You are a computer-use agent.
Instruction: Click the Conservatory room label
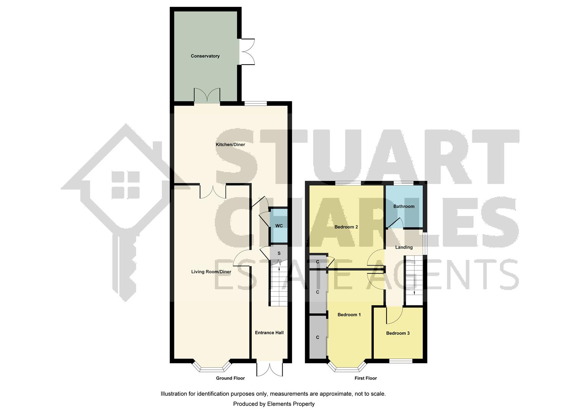coord(205,56)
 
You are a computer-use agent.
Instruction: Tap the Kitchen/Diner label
coord(230,144)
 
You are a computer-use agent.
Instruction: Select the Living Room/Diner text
coord(211,272)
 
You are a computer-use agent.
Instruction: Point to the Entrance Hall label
coord(269,333)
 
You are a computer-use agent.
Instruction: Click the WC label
coord(279,226)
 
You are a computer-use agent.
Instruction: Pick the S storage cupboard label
coord(279,253)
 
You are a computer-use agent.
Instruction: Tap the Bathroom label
coord(404,206)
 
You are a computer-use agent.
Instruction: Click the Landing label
coord(404,247)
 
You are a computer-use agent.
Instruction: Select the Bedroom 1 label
coord(349,315)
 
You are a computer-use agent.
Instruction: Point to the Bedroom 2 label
coord(346,227)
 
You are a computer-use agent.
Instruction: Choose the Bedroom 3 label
coord(398,333)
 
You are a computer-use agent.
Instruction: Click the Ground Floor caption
coord(230,378)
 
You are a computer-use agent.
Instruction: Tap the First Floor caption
coord(366,378)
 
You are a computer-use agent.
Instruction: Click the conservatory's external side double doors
coord(247,51)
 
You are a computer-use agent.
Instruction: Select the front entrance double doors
coord(270,369)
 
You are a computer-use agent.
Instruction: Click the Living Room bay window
coord(212,368)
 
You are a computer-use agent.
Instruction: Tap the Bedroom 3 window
coord(401,361)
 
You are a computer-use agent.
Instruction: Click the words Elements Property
coord(290,404)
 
